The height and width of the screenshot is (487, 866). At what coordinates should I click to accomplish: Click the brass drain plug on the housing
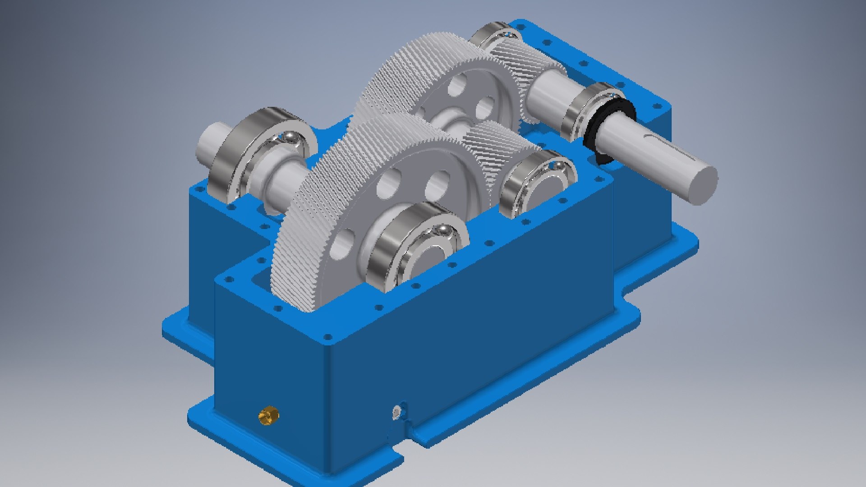point(268,415)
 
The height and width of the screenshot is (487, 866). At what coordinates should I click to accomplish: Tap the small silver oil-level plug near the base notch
point(396,411)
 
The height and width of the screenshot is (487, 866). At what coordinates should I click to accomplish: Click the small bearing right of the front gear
point(537,183)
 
